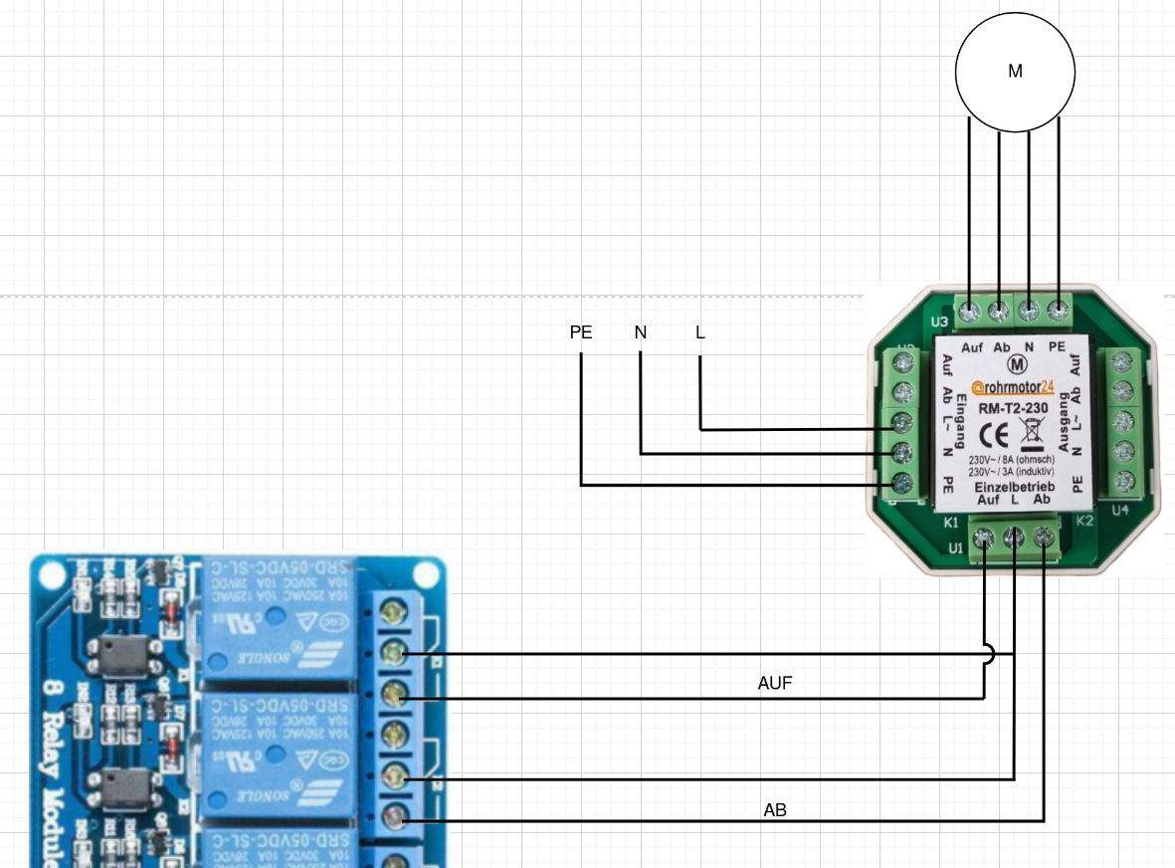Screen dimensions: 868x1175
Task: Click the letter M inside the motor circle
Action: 1015,72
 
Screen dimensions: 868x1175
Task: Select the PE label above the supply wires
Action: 581,332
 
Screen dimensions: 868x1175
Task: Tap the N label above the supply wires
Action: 641,332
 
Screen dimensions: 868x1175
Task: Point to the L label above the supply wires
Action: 700,332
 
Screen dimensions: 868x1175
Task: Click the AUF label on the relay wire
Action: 775,684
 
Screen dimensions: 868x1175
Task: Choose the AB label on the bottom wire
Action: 775,810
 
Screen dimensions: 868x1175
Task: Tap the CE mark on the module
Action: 996,435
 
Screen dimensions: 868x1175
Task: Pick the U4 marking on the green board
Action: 1120,511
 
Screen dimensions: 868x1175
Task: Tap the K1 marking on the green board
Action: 950,522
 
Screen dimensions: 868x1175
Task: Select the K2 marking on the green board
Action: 1084,521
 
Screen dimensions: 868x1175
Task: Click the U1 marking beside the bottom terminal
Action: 955,548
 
